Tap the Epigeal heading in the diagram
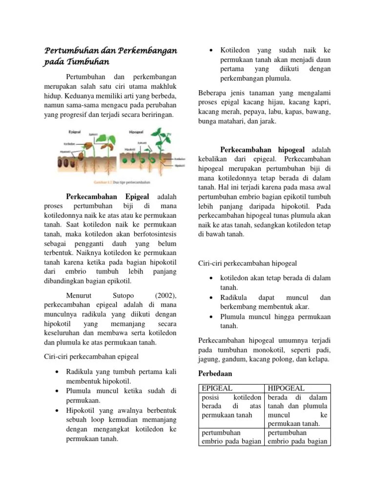point(75,132)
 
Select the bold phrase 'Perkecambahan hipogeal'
point(263,149)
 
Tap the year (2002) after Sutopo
point(166,295)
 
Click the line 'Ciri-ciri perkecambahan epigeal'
point(91,356)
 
